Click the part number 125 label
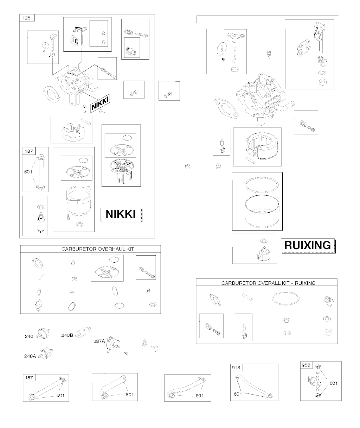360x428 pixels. tap(26, 18)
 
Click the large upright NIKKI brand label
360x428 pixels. tap(120, 214)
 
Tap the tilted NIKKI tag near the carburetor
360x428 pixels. tap(100, 103)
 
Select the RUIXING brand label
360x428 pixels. tap(307, 245)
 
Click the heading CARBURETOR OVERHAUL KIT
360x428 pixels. tap(98, 249)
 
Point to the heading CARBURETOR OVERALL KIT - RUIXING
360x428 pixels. tap(268, 283)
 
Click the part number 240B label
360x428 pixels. tap(67, 335)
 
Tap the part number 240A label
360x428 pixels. tap(30, 356)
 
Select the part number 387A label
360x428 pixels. tap(99, 341)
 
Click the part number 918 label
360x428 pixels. tap(236, 367)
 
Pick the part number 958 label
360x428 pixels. tap(306, 365)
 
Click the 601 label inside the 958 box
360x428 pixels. tap(333, 383)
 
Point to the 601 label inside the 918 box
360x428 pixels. tap(238, 394)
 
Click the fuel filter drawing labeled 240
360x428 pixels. tap(43, 334)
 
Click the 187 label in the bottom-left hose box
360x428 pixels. tap(29, 378)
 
